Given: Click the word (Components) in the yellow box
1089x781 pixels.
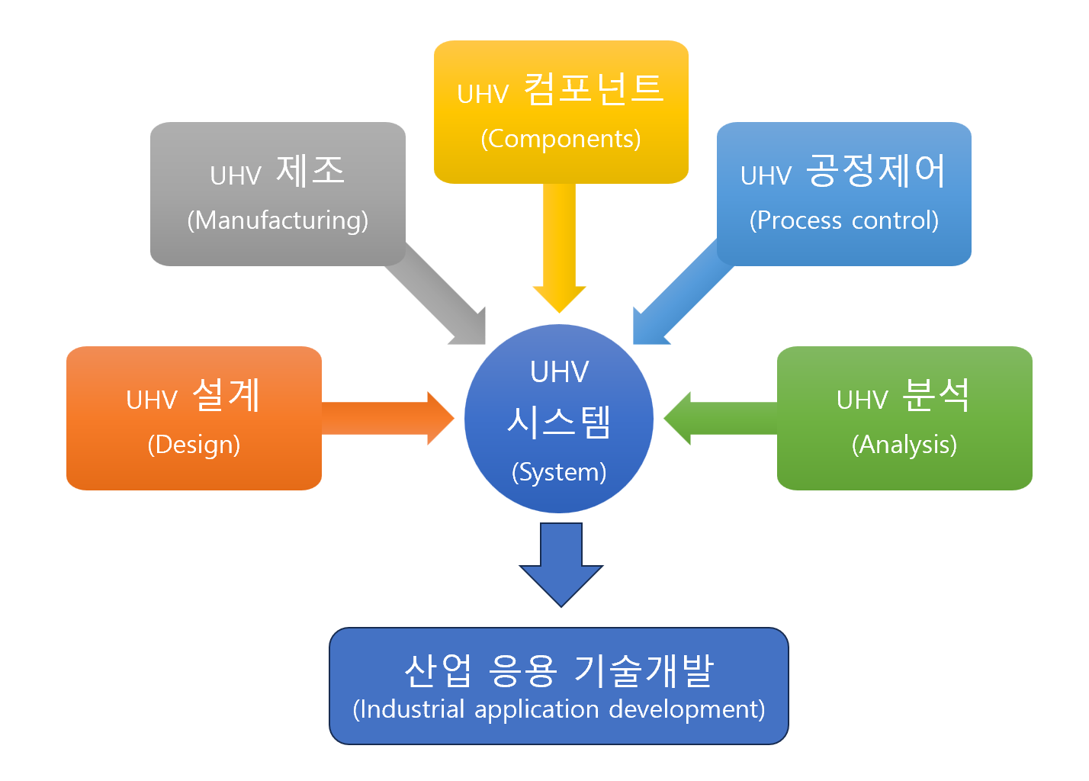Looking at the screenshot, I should point(561,139).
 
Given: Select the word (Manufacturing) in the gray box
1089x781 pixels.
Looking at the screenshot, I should point(278,220).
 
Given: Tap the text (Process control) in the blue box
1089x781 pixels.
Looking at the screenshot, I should point(843,220).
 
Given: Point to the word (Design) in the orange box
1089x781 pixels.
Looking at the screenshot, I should point(194,445).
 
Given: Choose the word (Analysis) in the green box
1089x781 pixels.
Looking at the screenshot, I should point(904,445).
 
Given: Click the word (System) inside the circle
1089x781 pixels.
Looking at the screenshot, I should point(559,472).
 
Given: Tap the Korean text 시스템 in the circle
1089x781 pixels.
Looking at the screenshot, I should point(559,422).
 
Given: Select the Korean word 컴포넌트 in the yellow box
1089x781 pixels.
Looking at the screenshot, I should point(593,89).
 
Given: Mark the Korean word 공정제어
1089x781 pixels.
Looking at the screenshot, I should point(875,171).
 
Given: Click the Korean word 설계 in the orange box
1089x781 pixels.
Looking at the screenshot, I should point(226,395).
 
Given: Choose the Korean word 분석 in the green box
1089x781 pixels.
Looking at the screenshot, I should point(936,395).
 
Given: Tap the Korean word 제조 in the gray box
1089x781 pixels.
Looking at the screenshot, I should point(310,171).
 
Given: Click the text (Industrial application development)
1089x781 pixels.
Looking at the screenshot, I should point(559,709).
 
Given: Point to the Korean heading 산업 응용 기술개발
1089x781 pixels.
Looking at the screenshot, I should point(559,670).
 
